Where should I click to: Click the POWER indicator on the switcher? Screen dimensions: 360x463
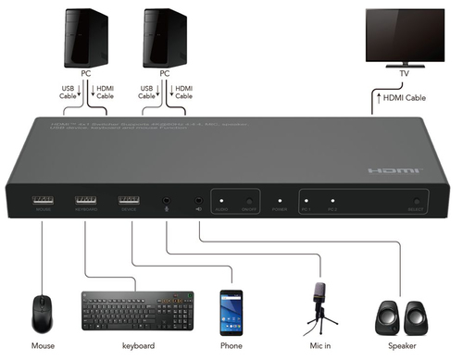[280, 202]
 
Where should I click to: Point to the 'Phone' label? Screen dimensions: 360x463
[231, 346]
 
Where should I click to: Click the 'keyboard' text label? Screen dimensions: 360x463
[138, 346]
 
